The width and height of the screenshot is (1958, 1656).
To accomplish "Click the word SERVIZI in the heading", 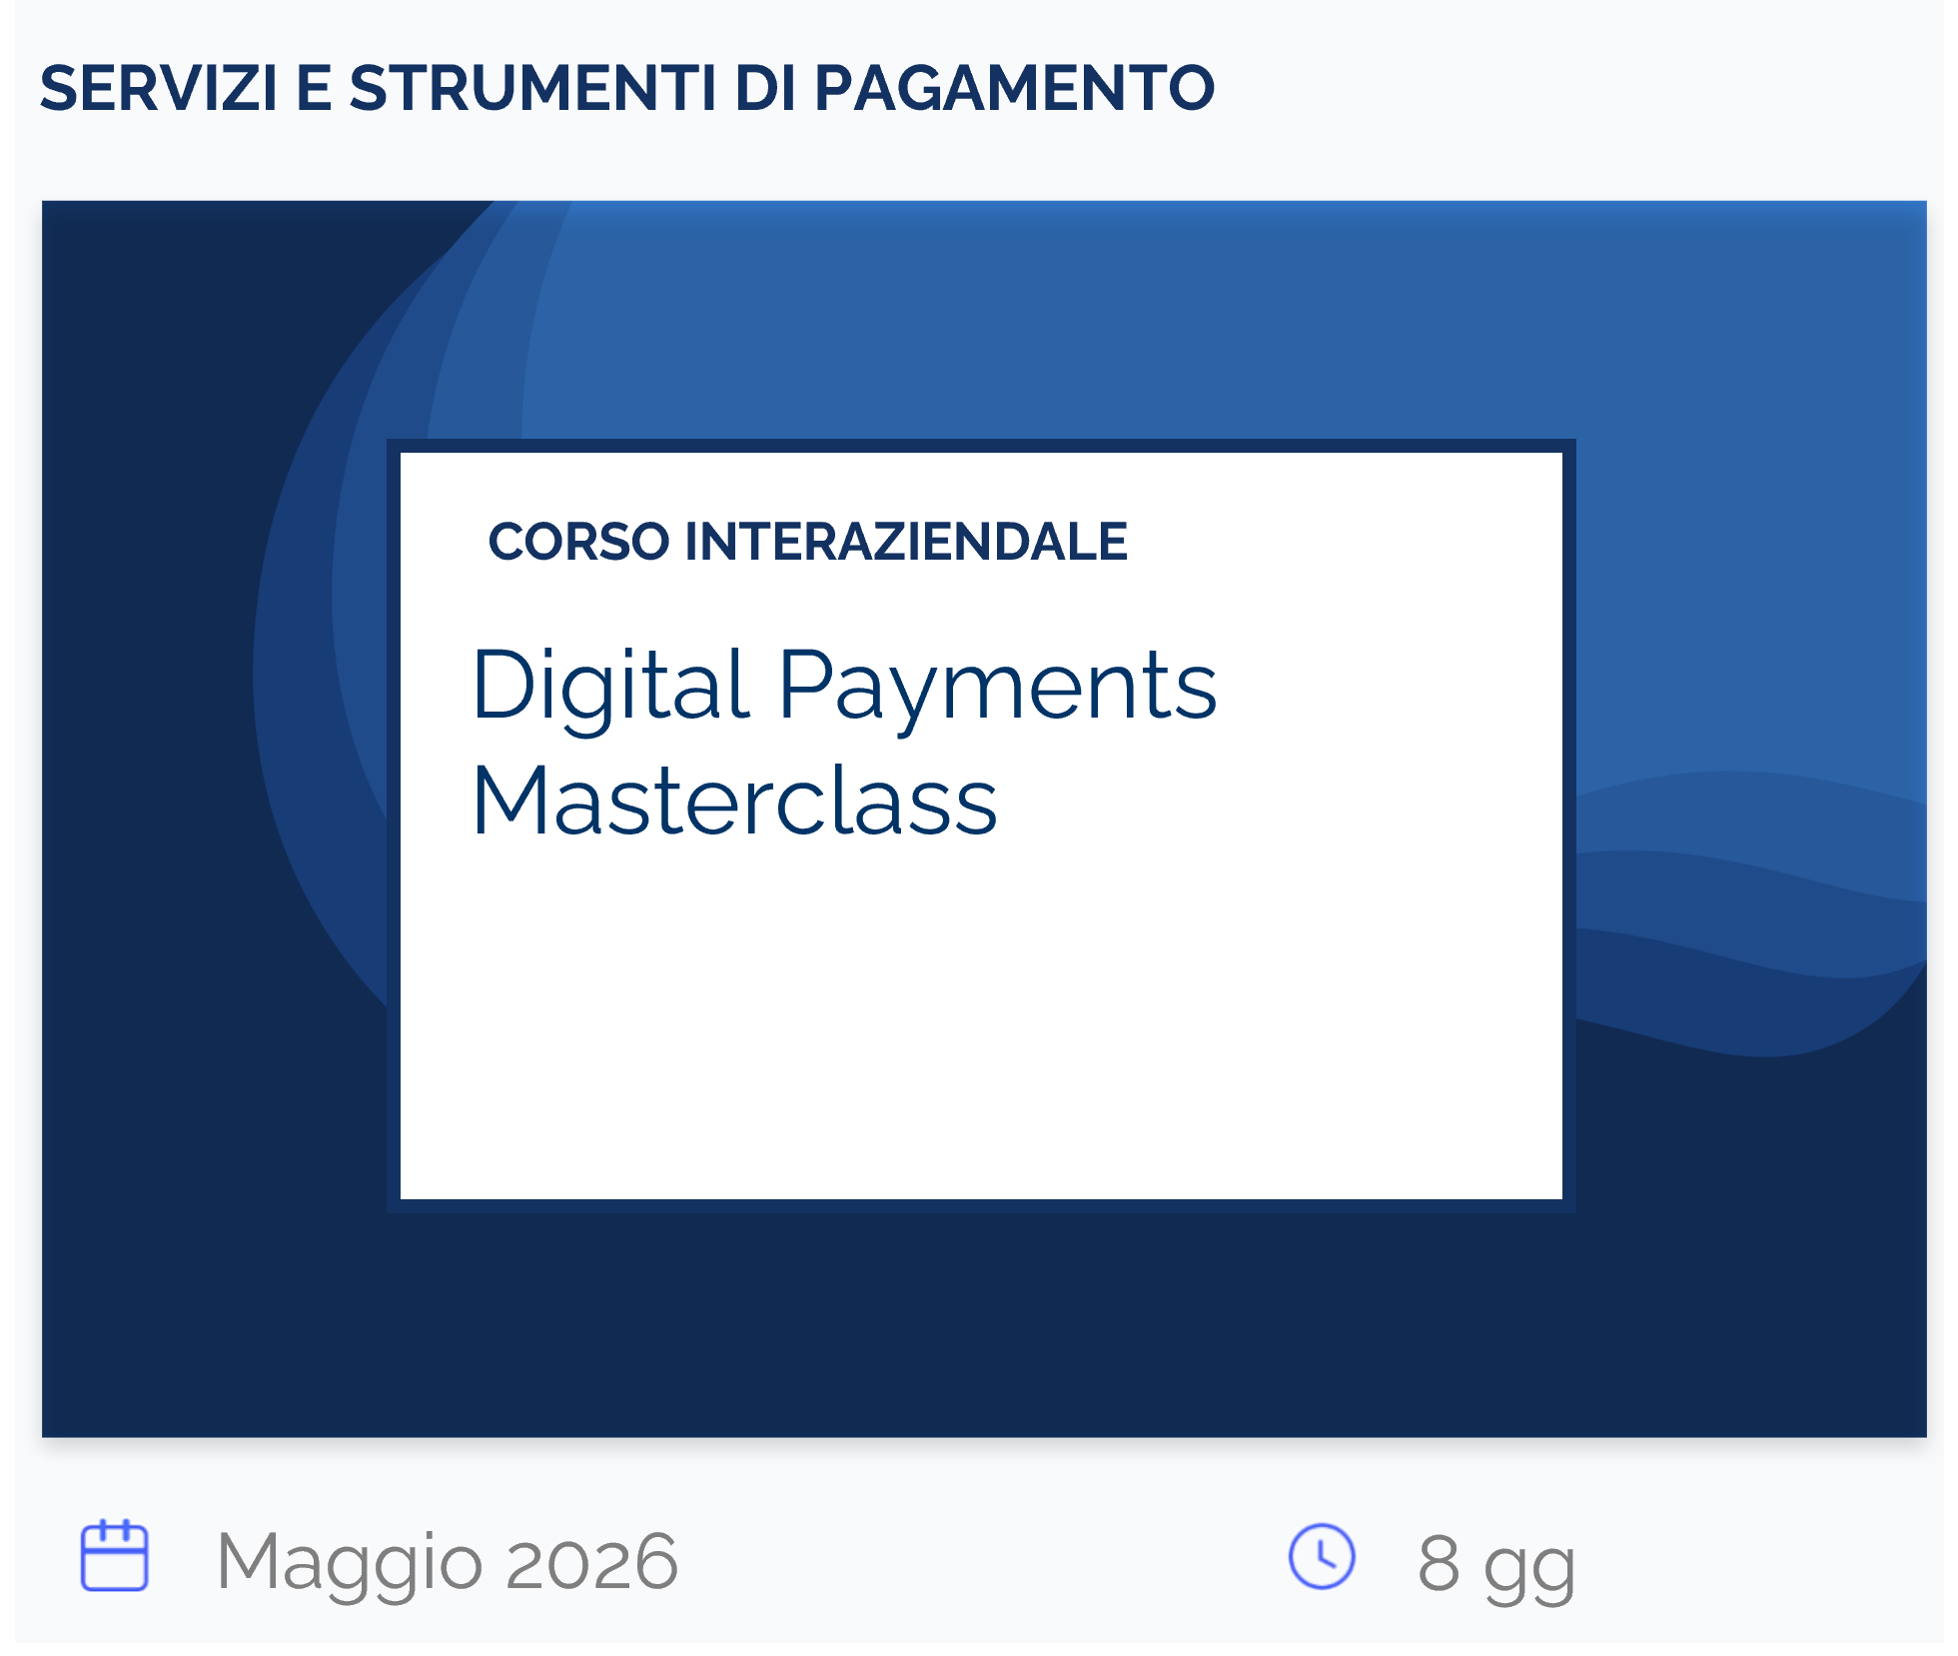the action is point(158,88).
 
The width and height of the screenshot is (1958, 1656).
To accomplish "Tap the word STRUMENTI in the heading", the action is point(532,88).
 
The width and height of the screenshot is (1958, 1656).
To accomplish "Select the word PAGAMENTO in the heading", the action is point(1015,88).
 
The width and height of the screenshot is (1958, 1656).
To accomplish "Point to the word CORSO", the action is point(578,542).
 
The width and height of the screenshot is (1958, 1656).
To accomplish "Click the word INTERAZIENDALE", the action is point(906,542).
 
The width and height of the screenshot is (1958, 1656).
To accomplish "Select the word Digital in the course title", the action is point(611,687).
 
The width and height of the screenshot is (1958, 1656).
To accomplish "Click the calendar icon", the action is point(115,1555).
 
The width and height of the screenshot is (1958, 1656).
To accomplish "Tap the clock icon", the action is point(1322,1556).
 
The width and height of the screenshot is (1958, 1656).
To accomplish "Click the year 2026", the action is point(591,1561).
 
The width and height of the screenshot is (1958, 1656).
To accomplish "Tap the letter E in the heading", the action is point(314,88).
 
